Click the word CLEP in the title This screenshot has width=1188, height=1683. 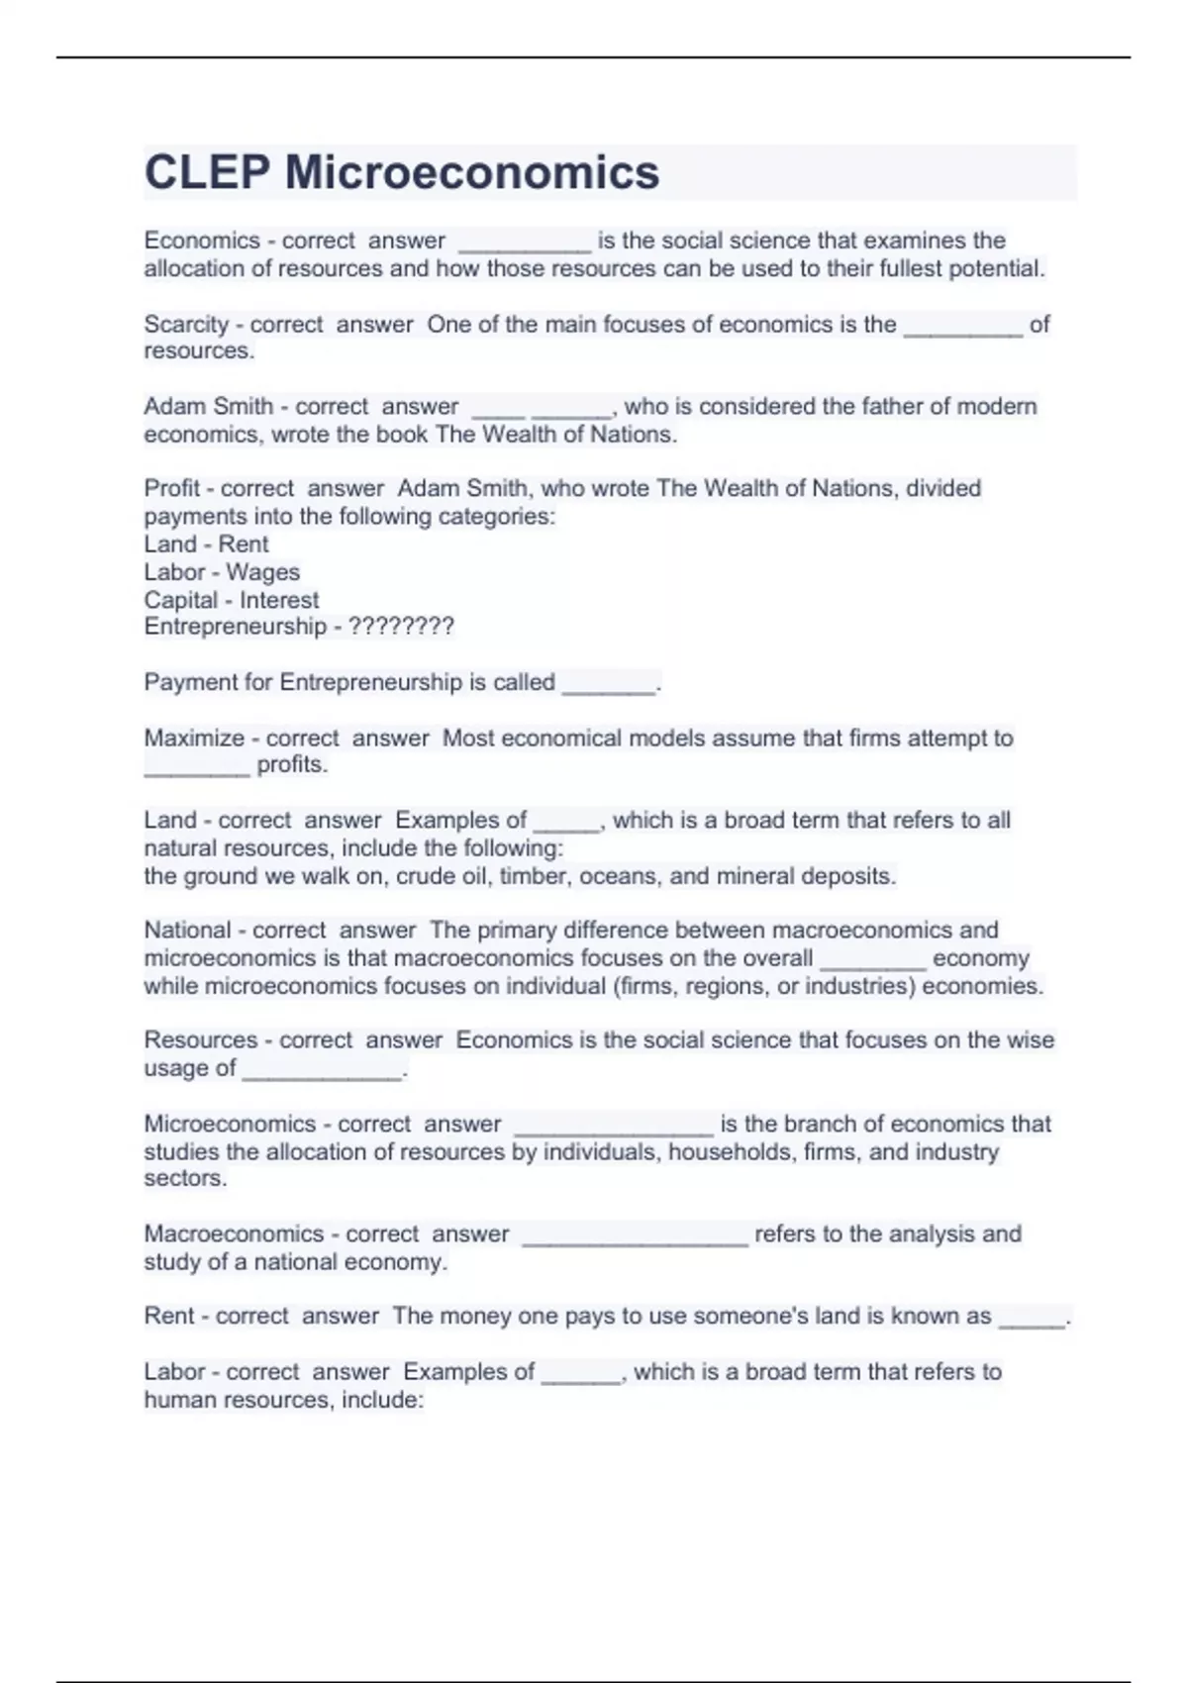[x=206, y=172]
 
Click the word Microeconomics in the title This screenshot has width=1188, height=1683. [x=472, y=172]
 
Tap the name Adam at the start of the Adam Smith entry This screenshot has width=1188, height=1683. [x=173, y=407]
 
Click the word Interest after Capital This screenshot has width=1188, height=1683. [x=279, y=600]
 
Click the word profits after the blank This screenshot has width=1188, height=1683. [x=292, y=765]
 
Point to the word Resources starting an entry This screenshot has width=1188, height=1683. [x=198, y=1040]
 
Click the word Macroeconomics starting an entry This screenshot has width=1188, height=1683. [x=234, y=1235]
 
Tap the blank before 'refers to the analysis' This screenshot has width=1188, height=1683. [x=635, y=1237]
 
